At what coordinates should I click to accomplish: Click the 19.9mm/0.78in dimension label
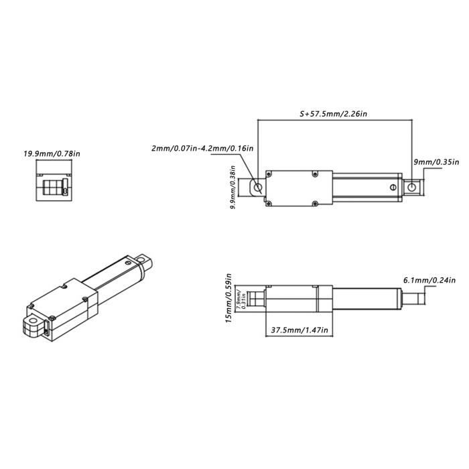click(52, 153)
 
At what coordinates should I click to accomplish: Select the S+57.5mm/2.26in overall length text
click(334, 115)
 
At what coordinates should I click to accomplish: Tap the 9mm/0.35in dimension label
click(435, 161)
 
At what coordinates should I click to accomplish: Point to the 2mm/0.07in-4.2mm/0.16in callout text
click(203, 147)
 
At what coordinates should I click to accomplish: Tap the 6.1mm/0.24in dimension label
click(430, 279)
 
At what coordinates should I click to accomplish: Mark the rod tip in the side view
click(414, 297)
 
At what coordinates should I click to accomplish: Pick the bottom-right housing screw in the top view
click(314, 201)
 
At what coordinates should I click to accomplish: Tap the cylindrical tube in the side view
click(365, 297)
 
